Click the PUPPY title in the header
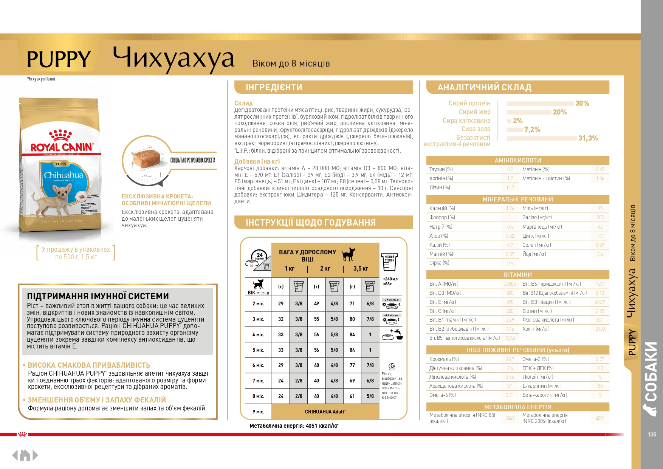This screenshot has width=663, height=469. (x=59, y=59)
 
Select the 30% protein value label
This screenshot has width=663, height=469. (x=582, y=104)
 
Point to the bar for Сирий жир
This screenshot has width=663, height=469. (x=528, y=112)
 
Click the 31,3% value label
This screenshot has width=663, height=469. (x=588, y=138)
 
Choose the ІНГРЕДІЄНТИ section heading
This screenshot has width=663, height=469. (x=274, y=87)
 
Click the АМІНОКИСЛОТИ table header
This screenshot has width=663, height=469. (x=517, y=160)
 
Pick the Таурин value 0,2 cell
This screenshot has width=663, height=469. (x=510, y=170)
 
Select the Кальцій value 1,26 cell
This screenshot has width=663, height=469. (x=510, y=209)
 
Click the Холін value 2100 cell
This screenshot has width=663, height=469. (x=600, y=329)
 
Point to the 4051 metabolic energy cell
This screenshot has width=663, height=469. (x=600, y=418)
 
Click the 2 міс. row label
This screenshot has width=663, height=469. (x=259, y=303)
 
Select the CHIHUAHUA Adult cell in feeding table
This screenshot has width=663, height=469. (x=325, y=412)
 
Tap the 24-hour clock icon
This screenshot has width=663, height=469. (x=260, y=255)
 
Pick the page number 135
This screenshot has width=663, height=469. (x=652, y=435)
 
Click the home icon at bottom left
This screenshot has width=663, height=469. (x=25, y=455)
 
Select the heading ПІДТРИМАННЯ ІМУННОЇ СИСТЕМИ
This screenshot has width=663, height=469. (x=98, y=296)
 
